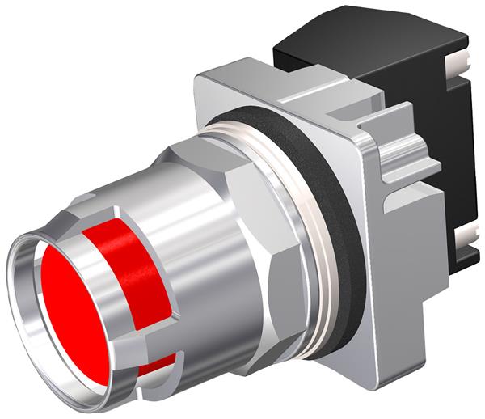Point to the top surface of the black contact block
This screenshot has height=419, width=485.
click(x=364, y=44)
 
